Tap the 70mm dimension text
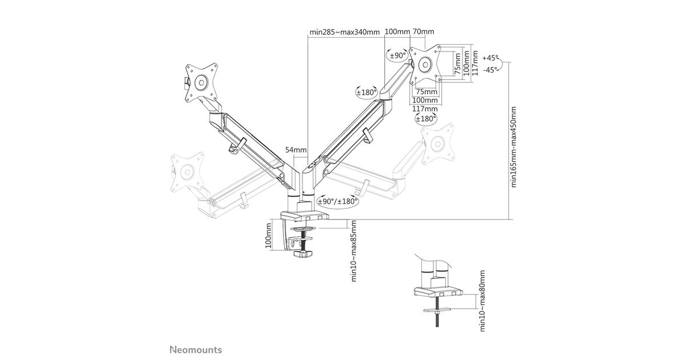[x=422, y=31]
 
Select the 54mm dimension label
[x=296, y=150]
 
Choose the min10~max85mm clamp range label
[x=354, y=250]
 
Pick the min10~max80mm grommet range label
[x=483, y=301]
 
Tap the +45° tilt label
[x=490, y=58]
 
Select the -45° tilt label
[x=490, y=70]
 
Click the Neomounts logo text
[x=196, y=349]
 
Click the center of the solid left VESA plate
[x=201, y=82]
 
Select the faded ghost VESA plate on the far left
[x=187, y=171]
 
